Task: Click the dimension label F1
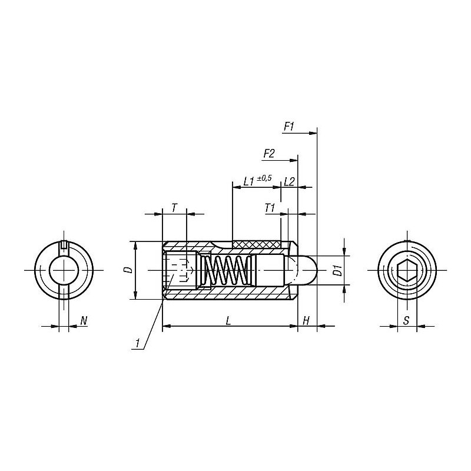[x=288, y=127]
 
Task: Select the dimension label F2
[x=269, y=154]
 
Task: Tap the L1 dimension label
[x=249, y=181]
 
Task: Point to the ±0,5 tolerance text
[x=264, y=178]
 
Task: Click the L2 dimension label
[x=289, y=181]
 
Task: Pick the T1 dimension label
[x=270, y=208]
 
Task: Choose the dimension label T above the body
[x=174, y=208]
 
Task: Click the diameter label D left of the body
[x=129, y=270]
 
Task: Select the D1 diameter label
[x=338, y=270]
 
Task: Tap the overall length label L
[x=228, y=321]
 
